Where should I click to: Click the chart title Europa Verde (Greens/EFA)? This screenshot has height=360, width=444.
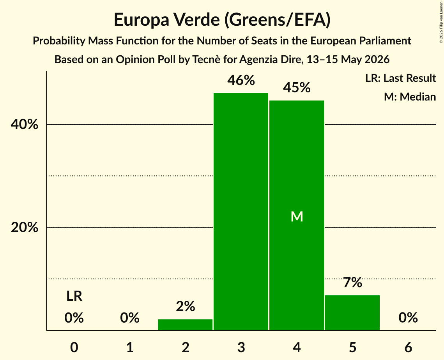coord(222,20)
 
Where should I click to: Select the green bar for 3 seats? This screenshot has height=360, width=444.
coord(241,212)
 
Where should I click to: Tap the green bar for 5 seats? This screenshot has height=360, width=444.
coord(352,313)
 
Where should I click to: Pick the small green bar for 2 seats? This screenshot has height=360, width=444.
coord(185,325)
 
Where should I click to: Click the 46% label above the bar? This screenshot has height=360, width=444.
coord(241,80)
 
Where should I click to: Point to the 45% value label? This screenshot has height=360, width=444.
coord(297,87)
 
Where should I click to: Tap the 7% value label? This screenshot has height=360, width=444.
coord(352,282)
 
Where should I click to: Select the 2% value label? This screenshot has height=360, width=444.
coord(186,306)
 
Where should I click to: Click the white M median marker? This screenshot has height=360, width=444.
coord(297,217)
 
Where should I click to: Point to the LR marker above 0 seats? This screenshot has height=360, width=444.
coord(74,296)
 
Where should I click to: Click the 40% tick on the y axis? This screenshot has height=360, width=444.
coord(24,124)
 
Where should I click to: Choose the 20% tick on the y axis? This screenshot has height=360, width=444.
coord(24,227)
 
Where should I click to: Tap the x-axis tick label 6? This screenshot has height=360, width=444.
coord(408,347)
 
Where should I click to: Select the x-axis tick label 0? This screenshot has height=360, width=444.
coord(74,347)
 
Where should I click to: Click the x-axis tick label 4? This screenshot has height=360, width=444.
coord(297,347)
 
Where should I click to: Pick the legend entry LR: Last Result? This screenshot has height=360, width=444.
coord(400,78)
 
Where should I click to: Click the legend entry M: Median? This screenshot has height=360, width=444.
coord(410,97)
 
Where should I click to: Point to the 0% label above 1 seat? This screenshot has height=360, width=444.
coord(130,318)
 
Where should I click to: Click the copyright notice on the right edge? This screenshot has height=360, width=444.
coord(441,22)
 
